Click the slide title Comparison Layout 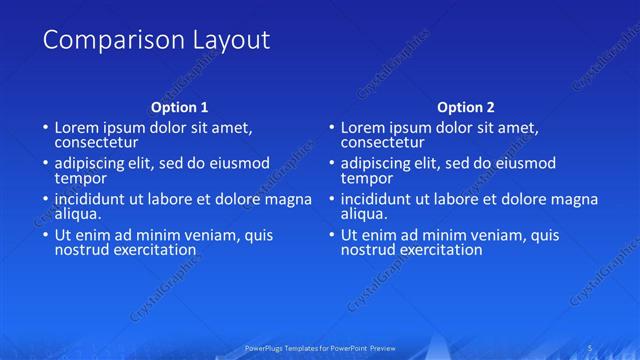[x=156, y=41]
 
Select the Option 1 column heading [x=180, y=106]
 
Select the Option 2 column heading [x=466, y=106]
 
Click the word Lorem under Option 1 [x=76, y=128]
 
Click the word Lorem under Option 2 [x=362, y=128]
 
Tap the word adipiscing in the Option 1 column [x=91, y=164]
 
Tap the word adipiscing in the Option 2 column [x=377, y=164]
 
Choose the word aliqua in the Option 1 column [x=77, y=214]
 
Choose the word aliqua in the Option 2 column [x=363, y=214]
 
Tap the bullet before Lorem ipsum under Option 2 [x=331, y=129]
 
